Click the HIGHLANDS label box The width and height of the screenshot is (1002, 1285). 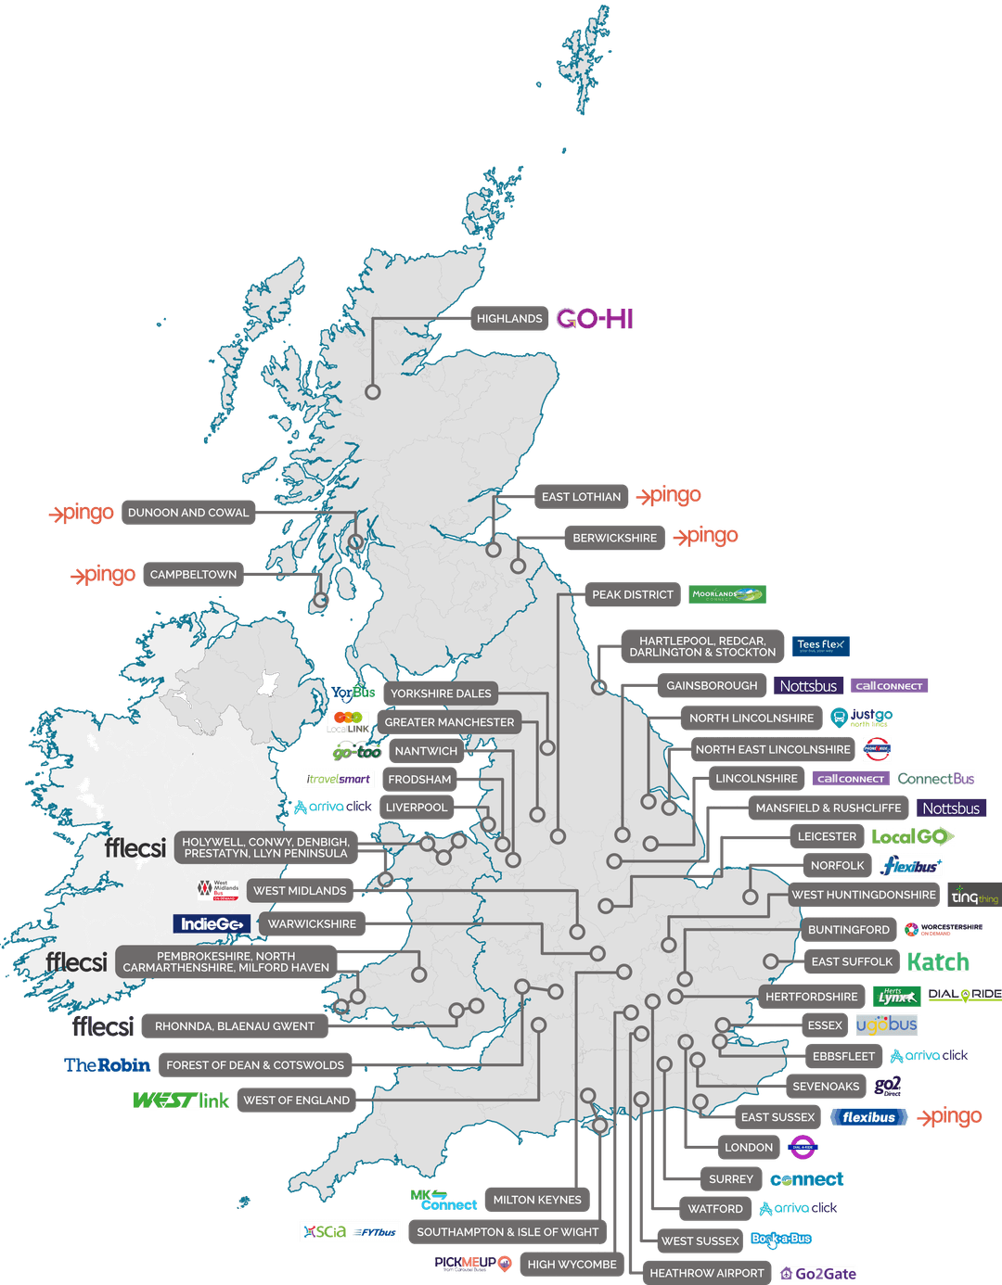coord(508,319)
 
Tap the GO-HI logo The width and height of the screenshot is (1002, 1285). coord(595,319)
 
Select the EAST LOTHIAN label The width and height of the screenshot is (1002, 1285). coord(581,497)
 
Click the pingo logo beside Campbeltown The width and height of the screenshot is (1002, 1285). coord(104,575)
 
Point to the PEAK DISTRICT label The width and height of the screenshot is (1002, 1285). coord(632,595)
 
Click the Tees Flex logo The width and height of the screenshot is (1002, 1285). coord(820,645)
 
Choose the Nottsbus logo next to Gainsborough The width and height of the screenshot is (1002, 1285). coord(808,686)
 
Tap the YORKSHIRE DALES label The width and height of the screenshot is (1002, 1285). coord(441,693)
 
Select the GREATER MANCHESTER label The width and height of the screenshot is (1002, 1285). coord(449,722)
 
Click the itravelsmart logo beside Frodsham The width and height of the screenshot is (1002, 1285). coord(339,780)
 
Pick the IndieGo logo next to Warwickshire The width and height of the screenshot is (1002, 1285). coord(212,924)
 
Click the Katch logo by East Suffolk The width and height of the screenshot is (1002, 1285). coord(938,962)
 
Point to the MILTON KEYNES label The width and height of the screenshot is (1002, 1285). coord(537,1200)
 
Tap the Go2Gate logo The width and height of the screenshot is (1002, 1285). coord(817,1274)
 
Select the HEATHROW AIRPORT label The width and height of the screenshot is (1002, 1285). coord(706,1274)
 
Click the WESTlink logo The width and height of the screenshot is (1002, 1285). coord(182,1101)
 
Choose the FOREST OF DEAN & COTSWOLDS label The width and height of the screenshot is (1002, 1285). coord(255,1065)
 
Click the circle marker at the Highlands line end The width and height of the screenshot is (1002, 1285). coord(373,392)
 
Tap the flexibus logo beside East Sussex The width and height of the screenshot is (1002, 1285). coord(868,1118)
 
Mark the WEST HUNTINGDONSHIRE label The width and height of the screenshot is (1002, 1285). coord(864,895)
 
